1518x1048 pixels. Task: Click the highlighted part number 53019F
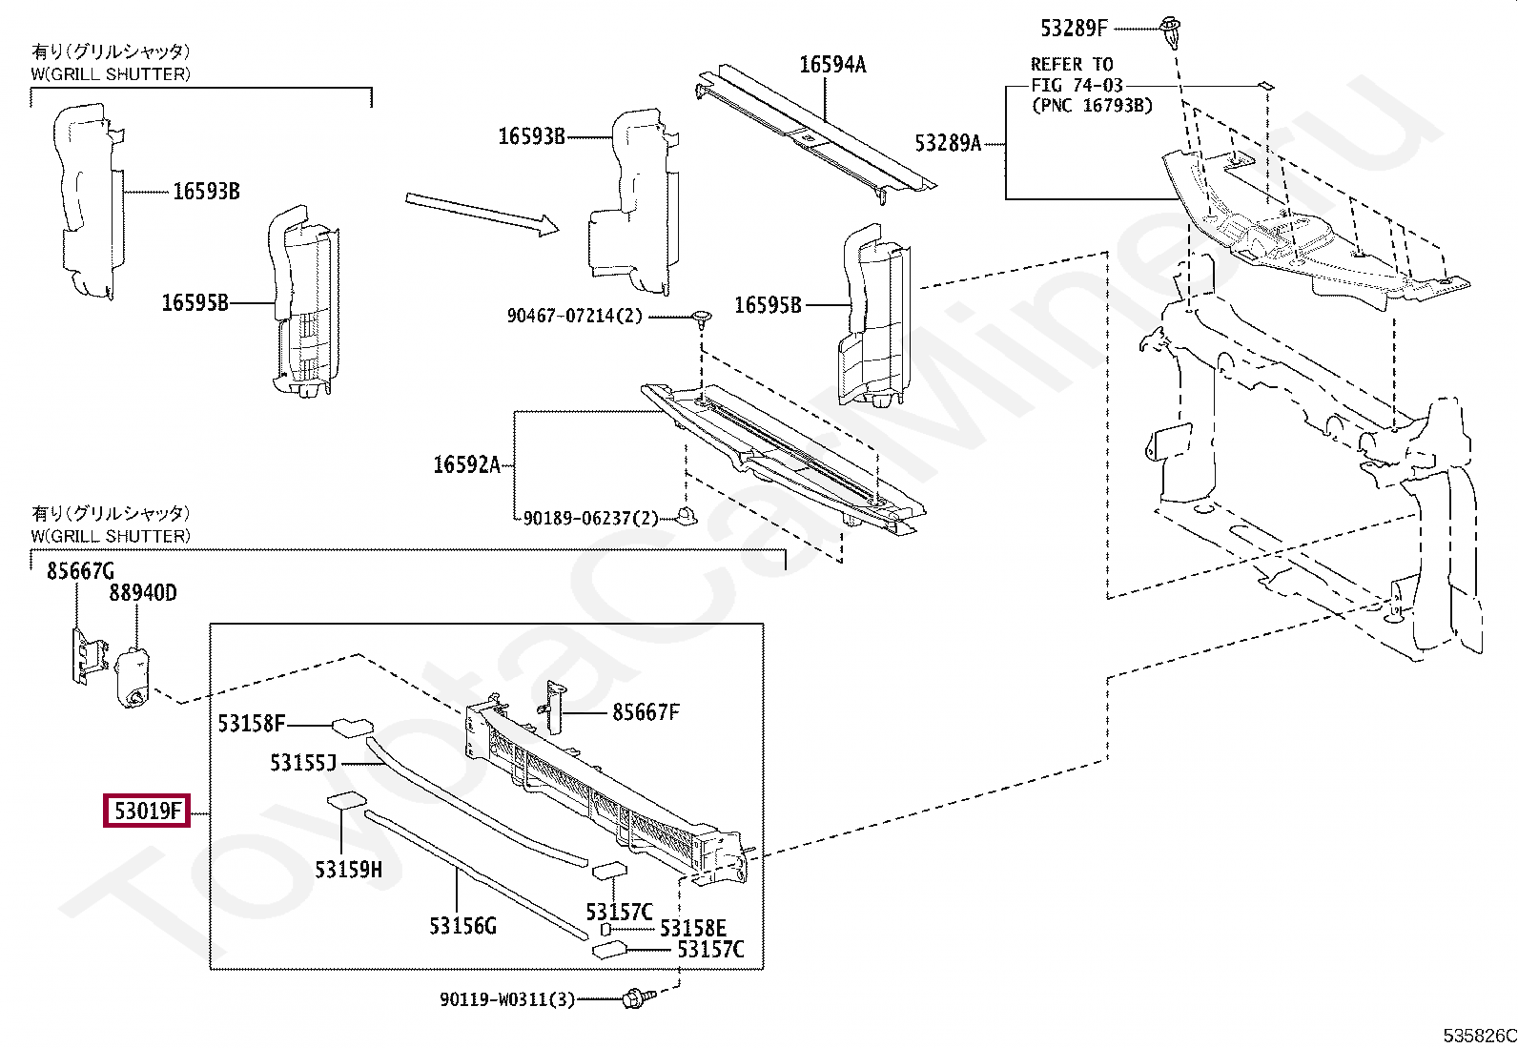coord(147,812)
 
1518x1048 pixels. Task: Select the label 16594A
coord(832,65)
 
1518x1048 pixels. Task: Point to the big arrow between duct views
coord(480,213)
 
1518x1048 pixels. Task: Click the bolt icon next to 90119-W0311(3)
coord(632,998)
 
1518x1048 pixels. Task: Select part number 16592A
coord(466,464)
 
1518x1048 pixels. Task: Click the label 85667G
coord(80,570)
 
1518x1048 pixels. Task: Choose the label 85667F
coord(646,712)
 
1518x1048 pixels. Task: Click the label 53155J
coord(303,763)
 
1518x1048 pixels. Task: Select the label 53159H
coord(348,870)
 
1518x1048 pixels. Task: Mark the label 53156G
coord(462,925)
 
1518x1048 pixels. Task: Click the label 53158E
coord(693,929)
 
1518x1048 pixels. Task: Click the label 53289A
coord(947,143)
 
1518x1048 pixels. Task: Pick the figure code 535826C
coord(1478,1036)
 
